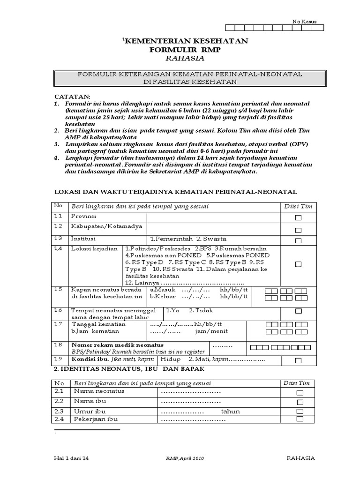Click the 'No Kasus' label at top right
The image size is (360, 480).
pyautogui.click(x=305, y=22)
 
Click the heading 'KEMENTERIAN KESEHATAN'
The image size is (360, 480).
pyautogui.click(x=186, y=41)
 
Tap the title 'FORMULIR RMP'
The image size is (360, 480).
pyautogui.click(x=185, y=50)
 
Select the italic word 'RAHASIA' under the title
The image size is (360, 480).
pyautogui.click(x=185, y=59)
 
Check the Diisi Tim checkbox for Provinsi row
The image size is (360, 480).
pyautogui.click(x=298, y=218)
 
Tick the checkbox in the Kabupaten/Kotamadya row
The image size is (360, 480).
pyautogui.click(x=298, y=230)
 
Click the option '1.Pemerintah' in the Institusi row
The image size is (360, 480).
pyautogui.click(x=170, y=239)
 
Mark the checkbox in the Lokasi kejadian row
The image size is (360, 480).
pyautogui.click(x=298, y=264)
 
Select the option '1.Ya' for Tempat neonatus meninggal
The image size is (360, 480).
pyautogui.click(x=172, y=310)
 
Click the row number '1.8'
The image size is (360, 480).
pyautogui.click(x=58, y=345)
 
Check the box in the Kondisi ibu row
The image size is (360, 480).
pyautogui.click(x=298, y=360)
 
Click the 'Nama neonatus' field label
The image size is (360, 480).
pyautogui.click(x=99, y=391)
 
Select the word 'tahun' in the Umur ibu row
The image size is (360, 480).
pyautogui.click(x=231, y=412)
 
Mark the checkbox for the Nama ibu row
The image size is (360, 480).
pyautogui.click(x=300, y=402)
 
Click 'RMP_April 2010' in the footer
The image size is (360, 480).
pyautogui.click(x=185, y=458)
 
